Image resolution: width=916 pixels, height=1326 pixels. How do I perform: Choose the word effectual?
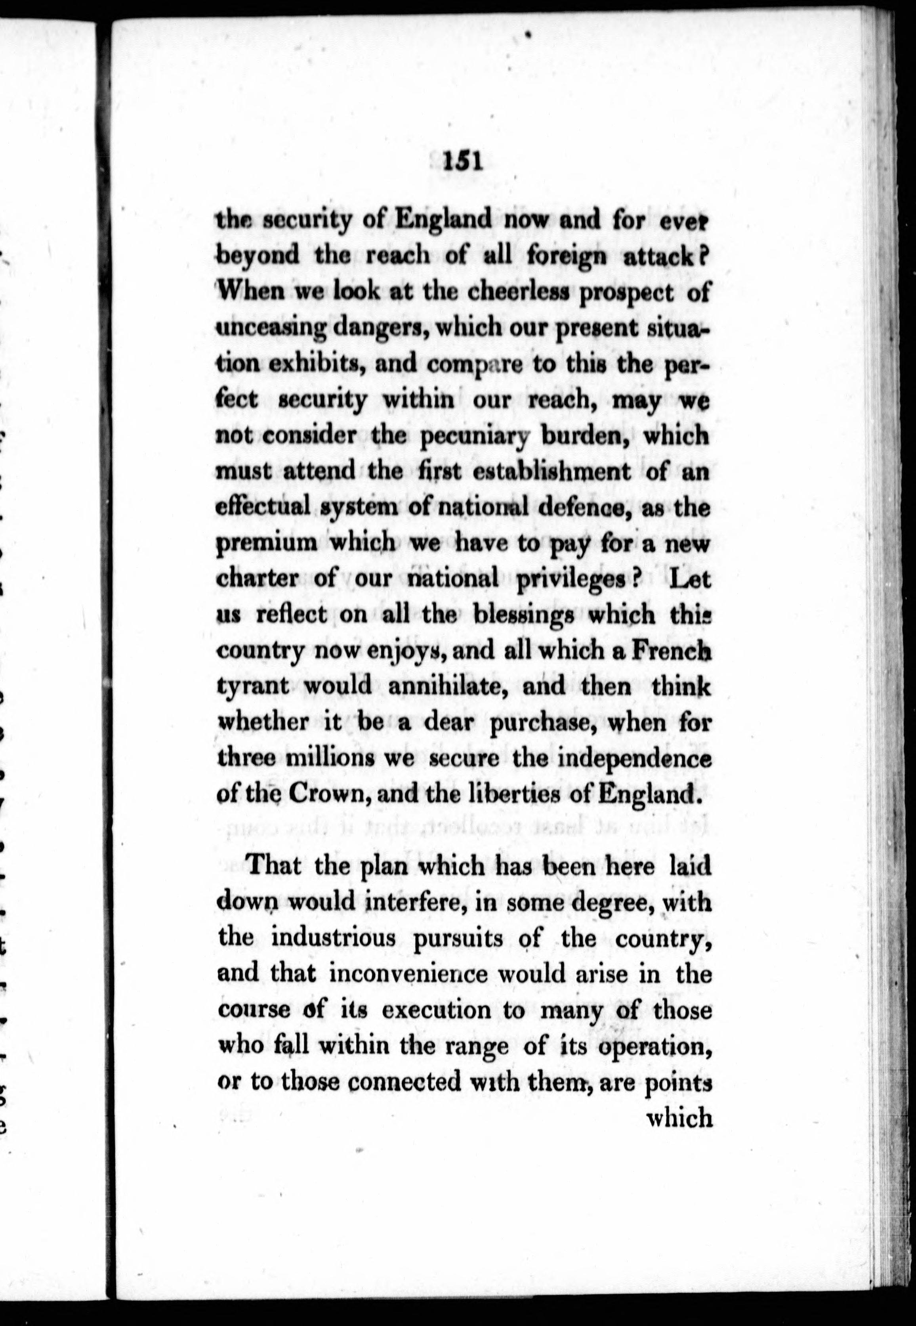(x=262, y=508)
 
